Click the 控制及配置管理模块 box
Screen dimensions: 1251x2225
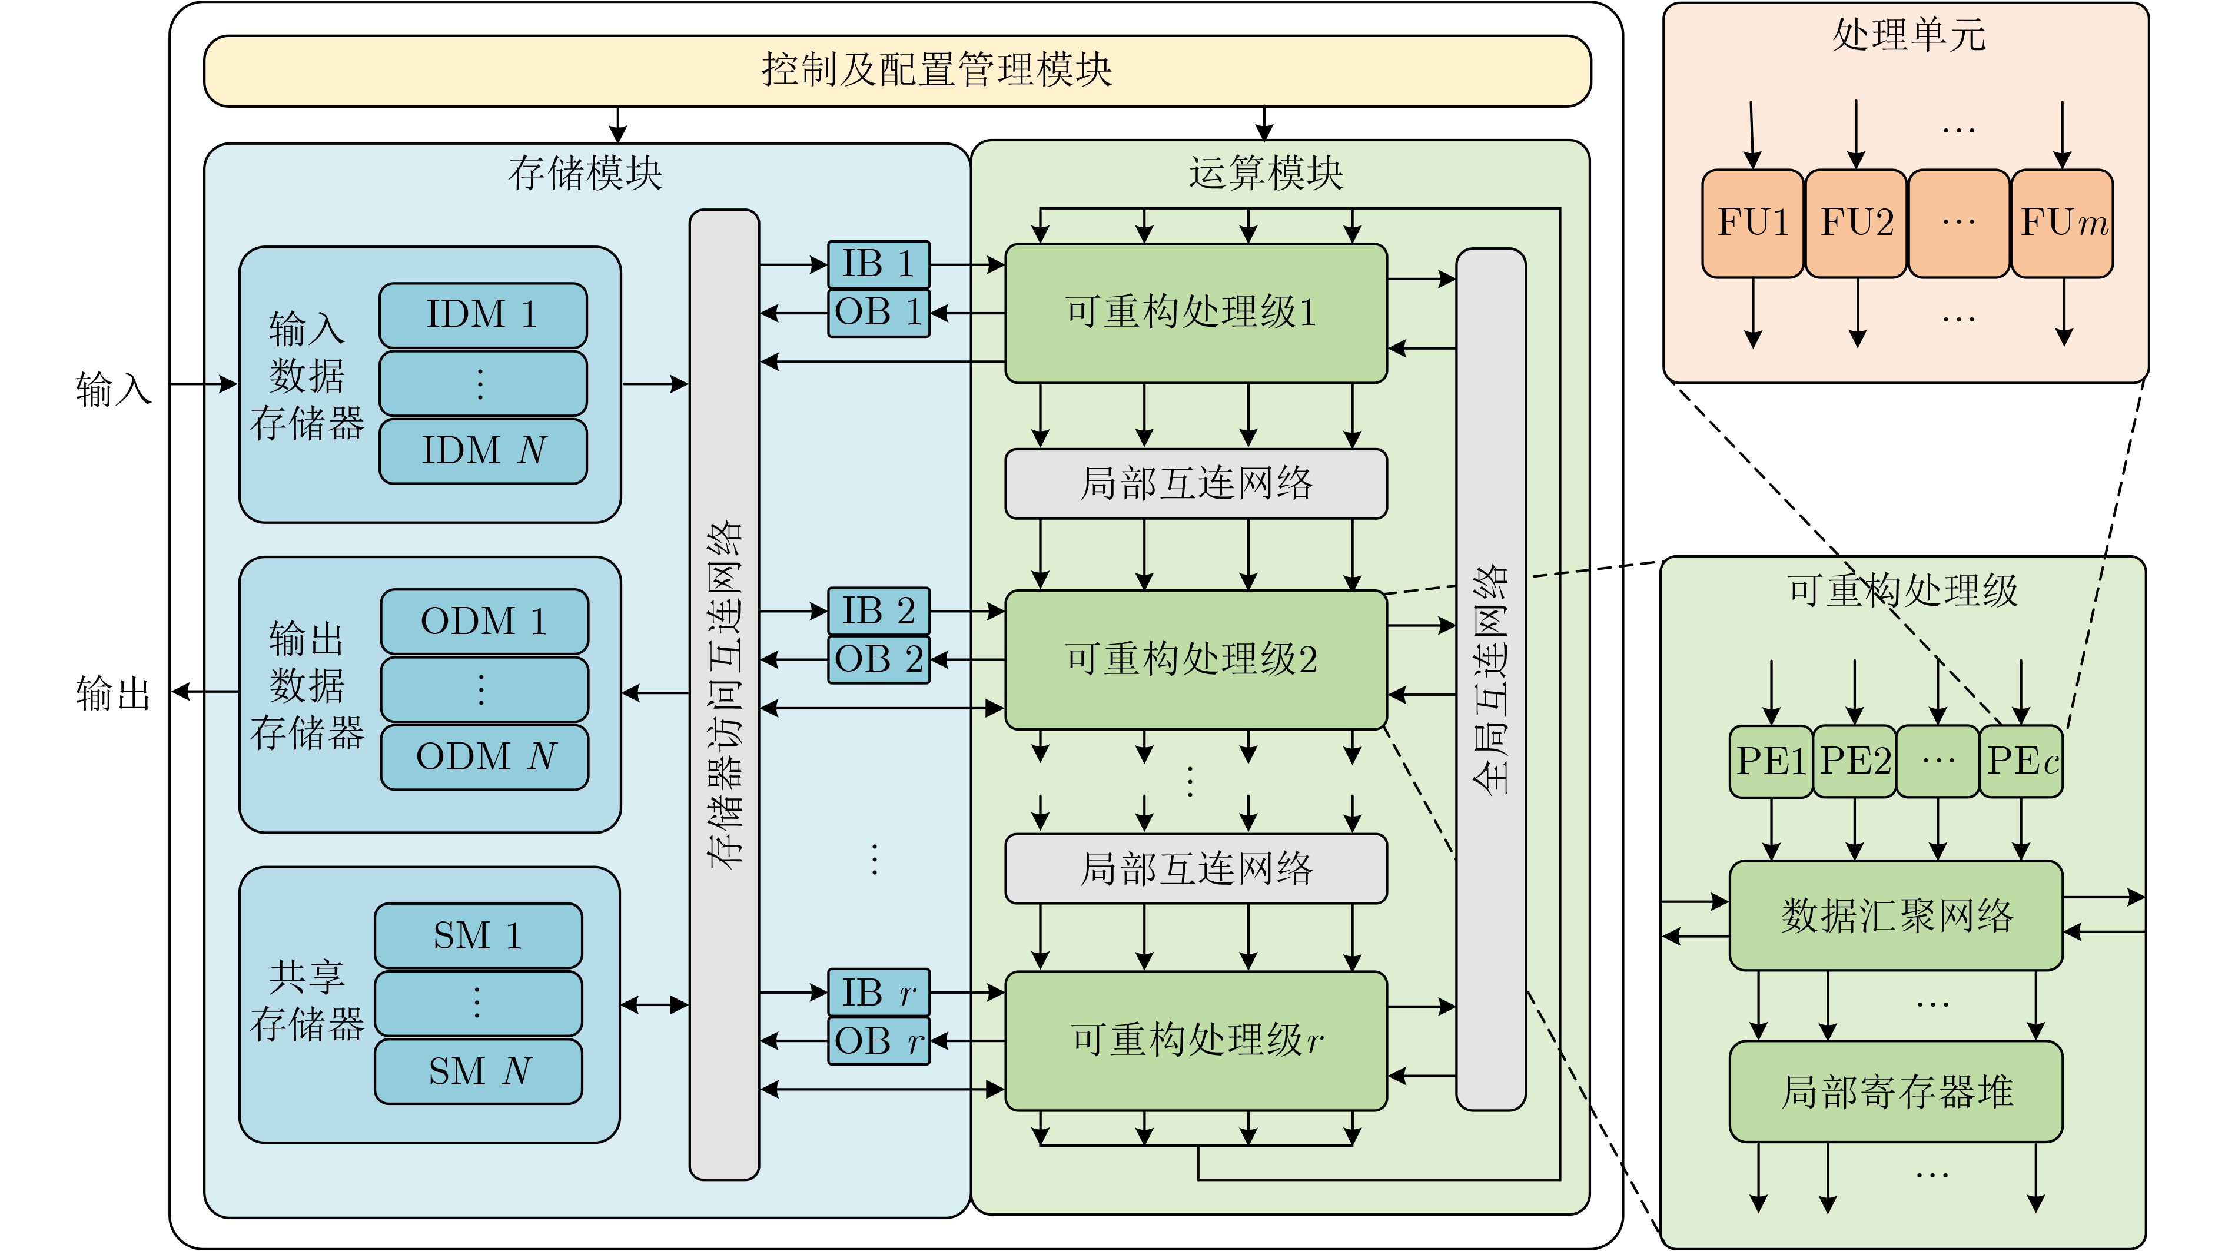point(896,71)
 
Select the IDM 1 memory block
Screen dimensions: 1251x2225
point(483,314)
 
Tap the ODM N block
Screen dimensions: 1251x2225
point(484,757)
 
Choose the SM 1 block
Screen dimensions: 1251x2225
point(477,935)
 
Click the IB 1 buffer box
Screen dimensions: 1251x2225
point(878,264)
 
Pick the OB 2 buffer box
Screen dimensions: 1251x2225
point(878,660)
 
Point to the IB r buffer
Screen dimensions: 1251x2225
point(878,993)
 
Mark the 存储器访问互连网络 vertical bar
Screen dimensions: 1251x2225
point(724,693)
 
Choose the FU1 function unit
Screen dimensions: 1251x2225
point(1752,223)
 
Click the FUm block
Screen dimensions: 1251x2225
point(2063,223)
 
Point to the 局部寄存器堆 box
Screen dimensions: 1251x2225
point(1896,1092)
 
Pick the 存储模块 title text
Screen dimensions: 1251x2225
point(585,174)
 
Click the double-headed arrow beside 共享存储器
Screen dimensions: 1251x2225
point(655,1005)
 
